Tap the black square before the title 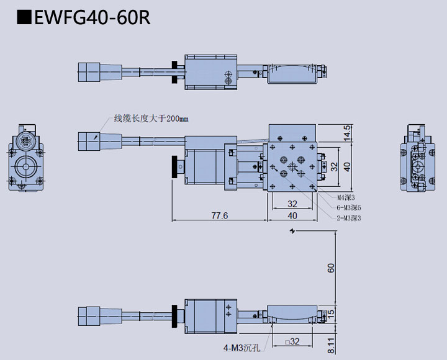(25, 18)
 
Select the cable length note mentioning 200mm (150, 119)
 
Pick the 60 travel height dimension (331, 268)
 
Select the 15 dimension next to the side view (331, 313)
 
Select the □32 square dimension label (292, 341)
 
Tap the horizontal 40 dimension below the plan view (292, 215)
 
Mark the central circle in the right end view (418, 167)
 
